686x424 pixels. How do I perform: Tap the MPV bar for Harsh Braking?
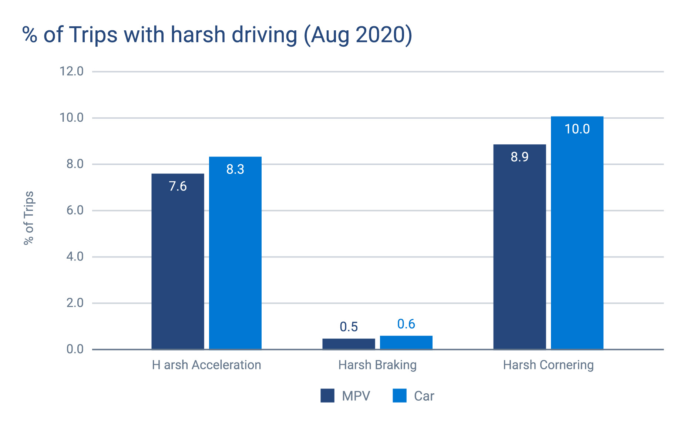coord(349,344)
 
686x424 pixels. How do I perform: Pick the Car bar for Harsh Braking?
coord(406,342)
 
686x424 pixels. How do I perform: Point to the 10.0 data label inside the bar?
coord(577,129)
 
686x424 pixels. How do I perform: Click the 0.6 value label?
coord(406,324)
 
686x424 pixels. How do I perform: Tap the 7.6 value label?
coord(178,186)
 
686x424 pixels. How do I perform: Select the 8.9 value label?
coord(519,157)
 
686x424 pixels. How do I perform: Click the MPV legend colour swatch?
coord(327,396)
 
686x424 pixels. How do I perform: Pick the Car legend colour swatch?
coord(400,396)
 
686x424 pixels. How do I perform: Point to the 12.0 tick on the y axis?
coord(71,71)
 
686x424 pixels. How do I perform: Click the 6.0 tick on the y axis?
coord(75,210)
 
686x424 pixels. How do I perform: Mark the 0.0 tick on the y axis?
coord(75,349)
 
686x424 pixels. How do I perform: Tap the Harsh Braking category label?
coord(377,365)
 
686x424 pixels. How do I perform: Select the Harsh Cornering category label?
coord(548,365)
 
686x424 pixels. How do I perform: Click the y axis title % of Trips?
coord(29,218)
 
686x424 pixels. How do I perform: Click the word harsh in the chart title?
coord(198,35)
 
